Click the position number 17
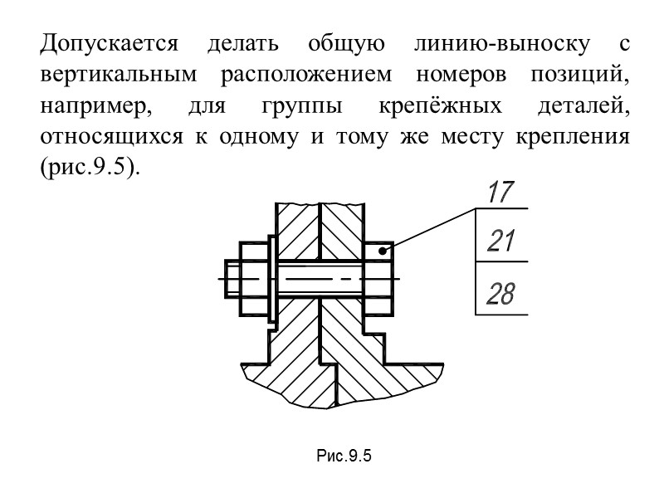point(500,193)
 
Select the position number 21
point(501,242)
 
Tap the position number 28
point(501,293)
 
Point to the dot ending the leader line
point(383,249)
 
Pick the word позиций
point(578,74)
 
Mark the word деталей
point(580,106)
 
